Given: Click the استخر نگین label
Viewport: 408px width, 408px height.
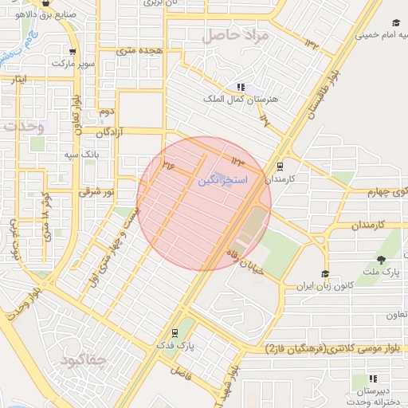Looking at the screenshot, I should [222, 182].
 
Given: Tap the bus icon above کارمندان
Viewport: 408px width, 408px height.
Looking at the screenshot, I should [280, 167].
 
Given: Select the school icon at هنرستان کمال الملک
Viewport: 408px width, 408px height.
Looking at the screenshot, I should [241, 87].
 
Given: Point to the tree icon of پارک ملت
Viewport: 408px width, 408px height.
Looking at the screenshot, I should [381, 259].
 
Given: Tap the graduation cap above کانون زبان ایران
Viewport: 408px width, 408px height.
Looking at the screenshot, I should [325, 274].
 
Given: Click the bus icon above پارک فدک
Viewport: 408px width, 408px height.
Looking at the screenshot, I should [175, 333].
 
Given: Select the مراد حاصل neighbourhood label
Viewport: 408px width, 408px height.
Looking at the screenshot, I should [237, 36].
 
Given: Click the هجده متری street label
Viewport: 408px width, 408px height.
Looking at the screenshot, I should [139, 50].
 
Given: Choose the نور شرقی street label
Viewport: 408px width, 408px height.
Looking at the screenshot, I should [97, 192].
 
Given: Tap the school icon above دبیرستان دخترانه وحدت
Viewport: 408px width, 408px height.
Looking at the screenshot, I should [372, 379].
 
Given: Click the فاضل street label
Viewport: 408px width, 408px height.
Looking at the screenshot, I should [181, 372].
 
